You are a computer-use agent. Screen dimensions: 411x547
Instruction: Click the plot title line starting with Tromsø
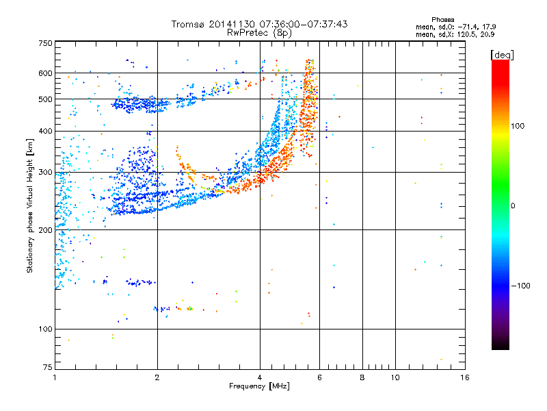click(x=260, y=24)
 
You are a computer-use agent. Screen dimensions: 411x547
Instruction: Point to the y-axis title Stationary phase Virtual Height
click(x=30, y=206)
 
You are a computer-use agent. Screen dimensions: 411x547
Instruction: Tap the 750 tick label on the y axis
click(x=45, y=43)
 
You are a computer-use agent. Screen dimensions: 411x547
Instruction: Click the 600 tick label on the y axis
click(x=45, y=73)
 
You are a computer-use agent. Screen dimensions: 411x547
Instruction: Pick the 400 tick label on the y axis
click(x=45, y=132)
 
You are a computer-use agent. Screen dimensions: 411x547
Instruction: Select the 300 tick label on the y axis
click(x=45, y=173)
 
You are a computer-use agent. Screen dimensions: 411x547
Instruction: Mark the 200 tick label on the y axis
click(x=45, y=230)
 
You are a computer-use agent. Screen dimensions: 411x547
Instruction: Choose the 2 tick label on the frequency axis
click(x=157, y=377)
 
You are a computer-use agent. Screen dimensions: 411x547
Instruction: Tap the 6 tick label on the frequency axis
click(x=319, y=377)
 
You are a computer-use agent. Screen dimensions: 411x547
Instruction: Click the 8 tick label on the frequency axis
click(x=362, y=377)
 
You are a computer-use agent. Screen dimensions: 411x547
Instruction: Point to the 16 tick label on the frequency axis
click(x=464, y=377)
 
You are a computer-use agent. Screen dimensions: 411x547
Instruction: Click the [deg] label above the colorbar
click(x=503, y=54)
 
